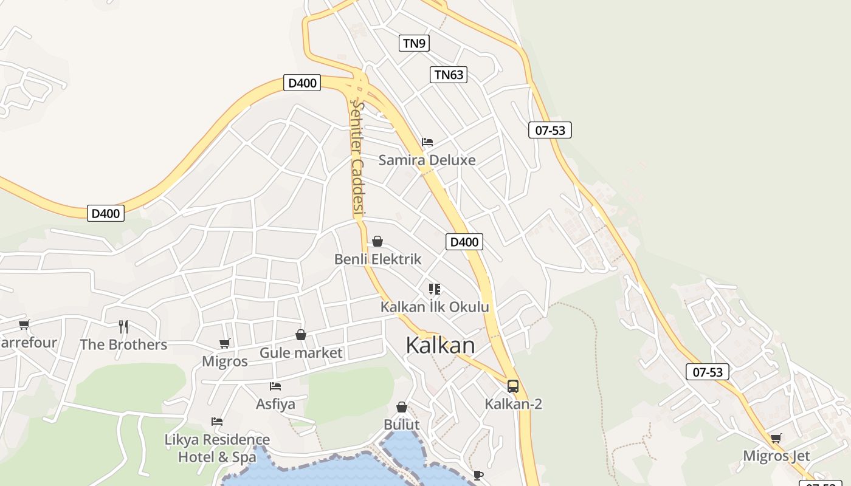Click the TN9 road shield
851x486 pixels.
pos(415,43)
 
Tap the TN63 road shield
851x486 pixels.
pos(449,75)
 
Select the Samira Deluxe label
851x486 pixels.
pos(427,160)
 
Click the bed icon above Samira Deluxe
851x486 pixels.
pos(427,142)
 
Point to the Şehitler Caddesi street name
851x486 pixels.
pos(357,158)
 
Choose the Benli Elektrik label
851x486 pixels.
pos(377,259)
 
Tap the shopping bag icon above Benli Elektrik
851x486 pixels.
pos(377,241)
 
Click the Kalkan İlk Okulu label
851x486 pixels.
pos(434,307)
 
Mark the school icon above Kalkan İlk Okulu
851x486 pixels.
pos(434,289)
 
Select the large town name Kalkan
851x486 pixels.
pos(440,345)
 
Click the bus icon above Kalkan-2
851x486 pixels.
pos(513,386)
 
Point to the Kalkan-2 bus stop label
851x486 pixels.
pos(513,404)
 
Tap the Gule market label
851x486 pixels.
pos(301,353)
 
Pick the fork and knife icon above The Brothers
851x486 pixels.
pos(123,327)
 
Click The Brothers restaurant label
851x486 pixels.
pos(123,344)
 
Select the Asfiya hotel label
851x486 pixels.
pos(275,404)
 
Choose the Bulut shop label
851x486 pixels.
pos(402,424)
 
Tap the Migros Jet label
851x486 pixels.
pos(776,456)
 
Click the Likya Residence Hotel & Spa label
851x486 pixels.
pos(217,448)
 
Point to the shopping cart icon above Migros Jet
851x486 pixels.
pos(776,438)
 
